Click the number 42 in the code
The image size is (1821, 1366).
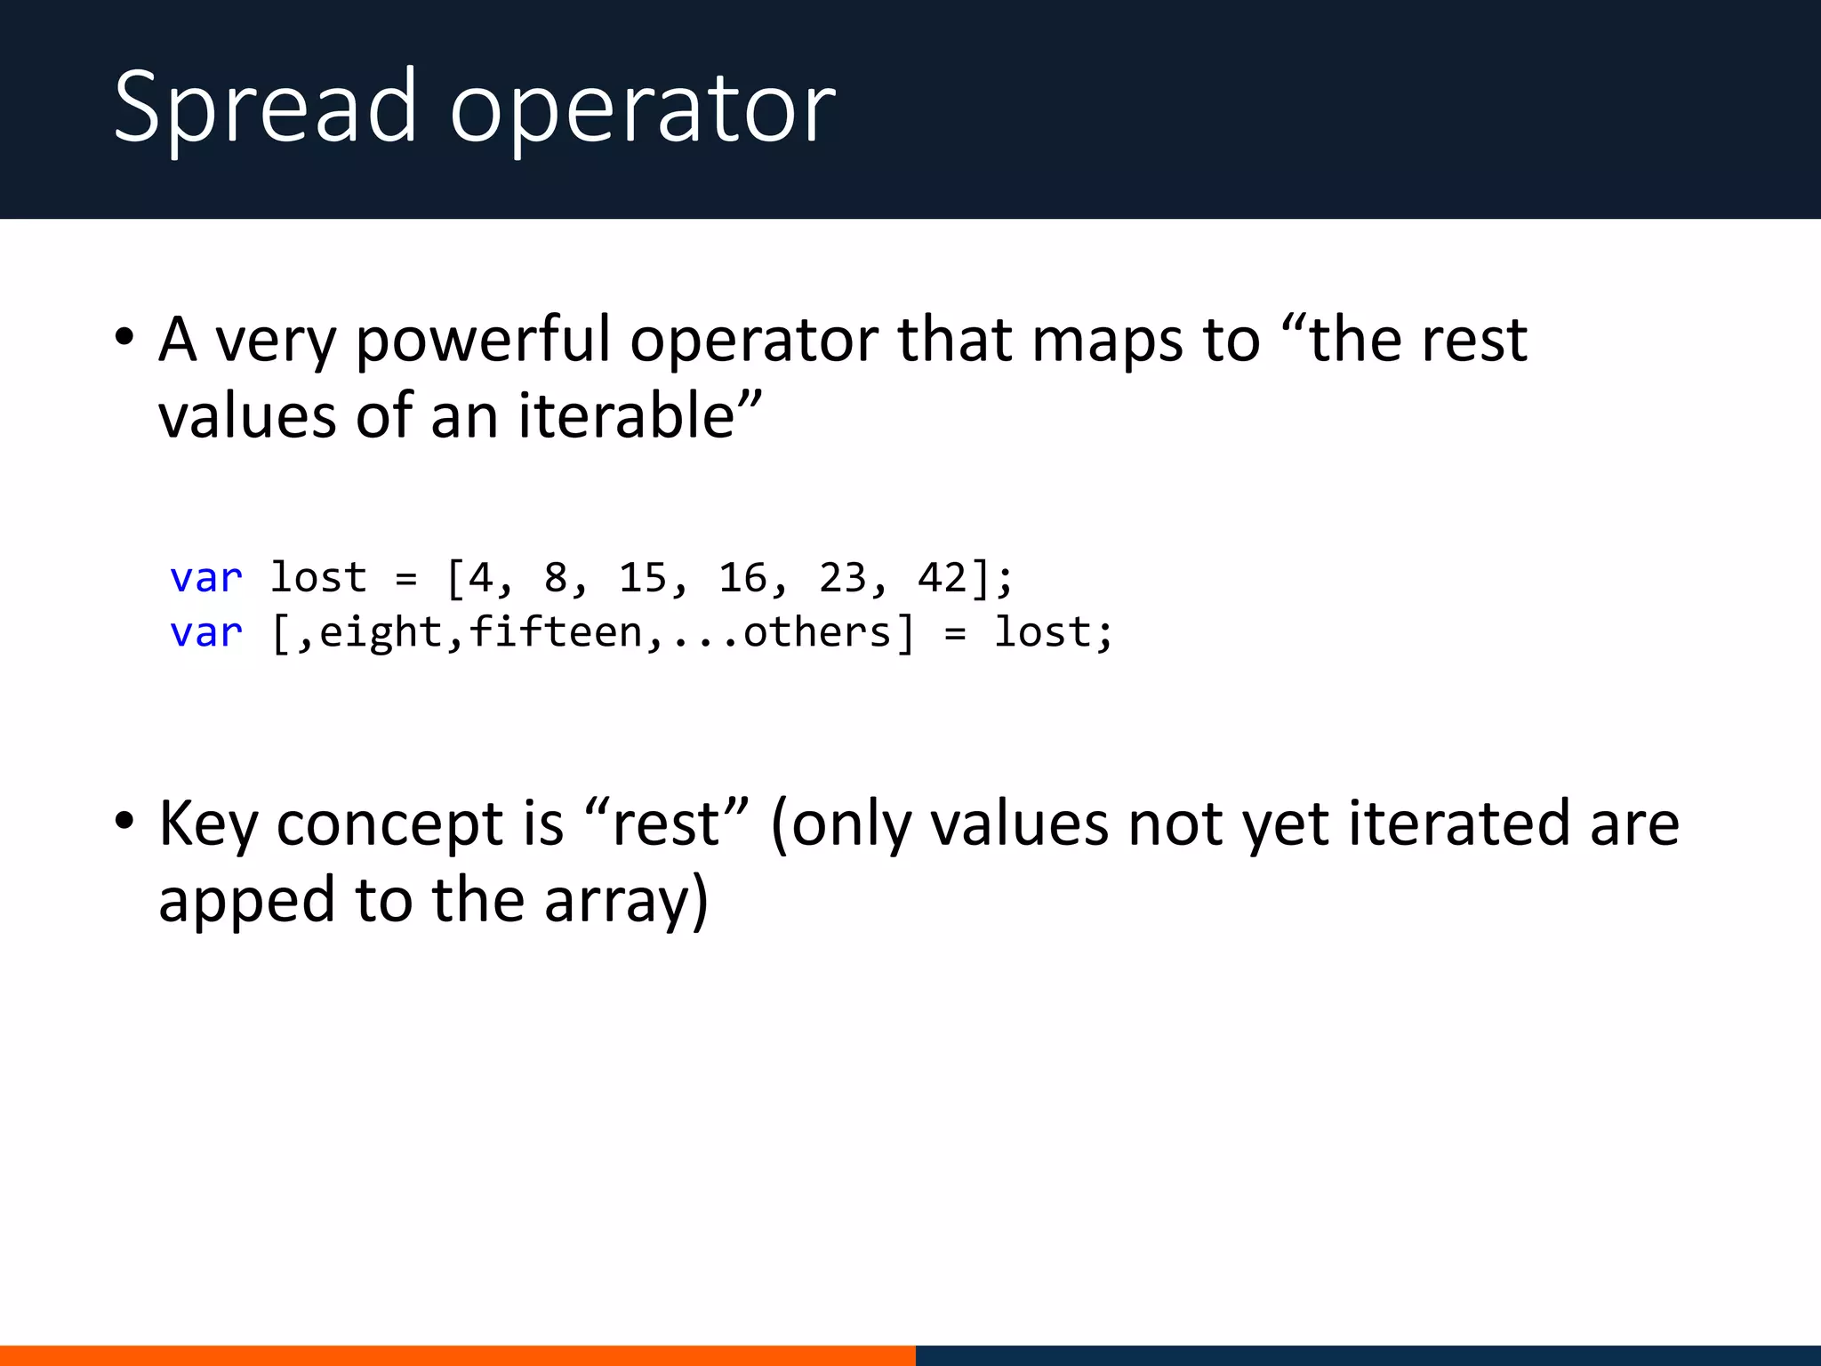(x=943, y=578)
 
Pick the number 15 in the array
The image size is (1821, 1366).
(x=643, y=578)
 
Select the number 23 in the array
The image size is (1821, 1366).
(x=842, y=578)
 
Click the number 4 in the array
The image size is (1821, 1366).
(x=481, y=578)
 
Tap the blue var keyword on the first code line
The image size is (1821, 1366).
(x=206, y=579)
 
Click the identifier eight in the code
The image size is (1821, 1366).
(x=381, y=633)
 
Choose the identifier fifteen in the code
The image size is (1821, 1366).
(x=556, y=633)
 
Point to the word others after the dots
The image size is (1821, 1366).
(x=816, y=633)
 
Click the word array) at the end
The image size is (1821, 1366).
(x=626, y=901)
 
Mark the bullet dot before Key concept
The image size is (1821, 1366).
(x=124, y=820)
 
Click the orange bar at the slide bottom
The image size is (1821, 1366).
(x=457, y=1355)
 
